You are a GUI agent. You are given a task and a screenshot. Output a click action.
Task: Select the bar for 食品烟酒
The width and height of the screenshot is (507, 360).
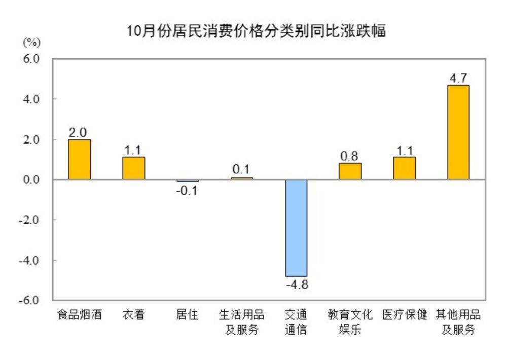tap(79, 159)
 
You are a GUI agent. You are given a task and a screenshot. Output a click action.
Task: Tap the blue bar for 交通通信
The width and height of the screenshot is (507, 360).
tap(296, 228)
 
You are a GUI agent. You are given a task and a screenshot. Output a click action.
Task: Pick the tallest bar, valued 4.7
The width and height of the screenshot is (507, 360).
tap(458, 132)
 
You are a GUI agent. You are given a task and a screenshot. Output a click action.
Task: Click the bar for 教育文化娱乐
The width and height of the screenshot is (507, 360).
tap(350, 171)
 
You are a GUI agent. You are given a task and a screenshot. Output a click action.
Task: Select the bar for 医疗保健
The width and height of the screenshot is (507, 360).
tap(404, 168)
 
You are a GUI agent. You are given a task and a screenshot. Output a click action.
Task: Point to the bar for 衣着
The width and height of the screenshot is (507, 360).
tap(133, 168)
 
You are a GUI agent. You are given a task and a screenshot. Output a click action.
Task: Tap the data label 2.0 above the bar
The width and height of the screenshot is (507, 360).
tap(79, 132)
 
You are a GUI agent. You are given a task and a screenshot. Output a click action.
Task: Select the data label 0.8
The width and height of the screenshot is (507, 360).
tap(350, 156)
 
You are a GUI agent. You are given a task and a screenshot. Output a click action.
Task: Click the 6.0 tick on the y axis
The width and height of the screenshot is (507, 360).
tap(31, 59)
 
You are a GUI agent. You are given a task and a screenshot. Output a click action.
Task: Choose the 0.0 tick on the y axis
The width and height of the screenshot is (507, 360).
tap(31, 179)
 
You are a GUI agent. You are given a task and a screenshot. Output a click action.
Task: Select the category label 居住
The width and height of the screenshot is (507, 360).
tap(187, 315)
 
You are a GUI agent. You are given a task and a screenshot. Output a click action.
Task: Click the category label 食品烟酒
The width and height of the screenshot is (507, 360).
tap(79, 315)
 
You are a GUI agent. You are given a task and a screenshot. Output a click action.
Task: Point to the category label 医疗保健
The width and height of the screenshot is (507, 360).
tap(404, 315)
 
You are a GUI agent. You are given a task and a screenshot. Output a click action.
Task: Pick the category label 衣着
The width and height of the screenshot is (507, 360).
tap(133, 315)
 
